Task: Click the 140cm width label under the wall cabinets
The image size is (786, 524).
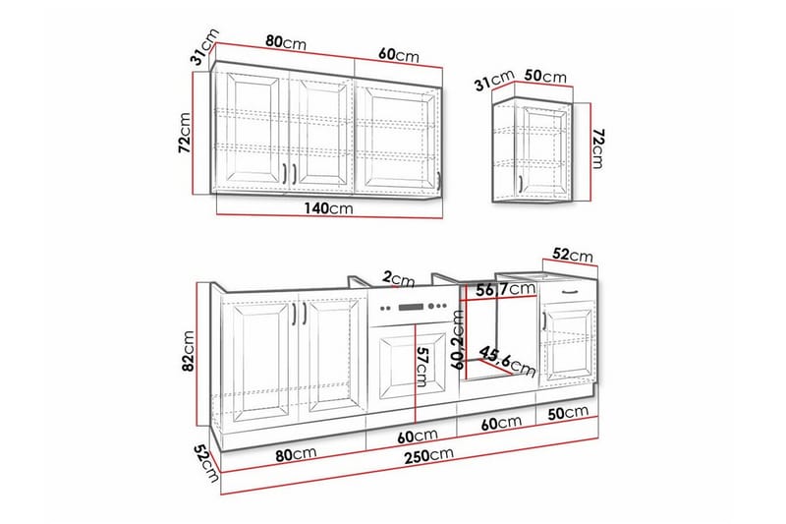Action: (328, 208)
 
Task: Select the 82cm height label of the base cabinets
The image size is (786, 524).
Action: (189, 351)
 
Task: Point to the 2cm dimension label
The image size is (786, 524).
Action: (399, 279)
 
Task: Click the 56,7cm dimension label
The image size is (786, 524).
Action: (505, 289)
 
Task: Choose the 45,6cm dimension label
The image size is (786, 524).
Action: (507, 361)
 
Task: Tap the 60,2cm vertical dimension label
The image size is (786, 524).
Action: (458, 339)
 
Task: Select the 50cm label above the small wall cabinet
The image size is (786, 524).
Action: (545, 77)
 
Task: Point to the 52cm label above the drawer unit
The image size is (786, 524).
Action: (573, 255)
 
